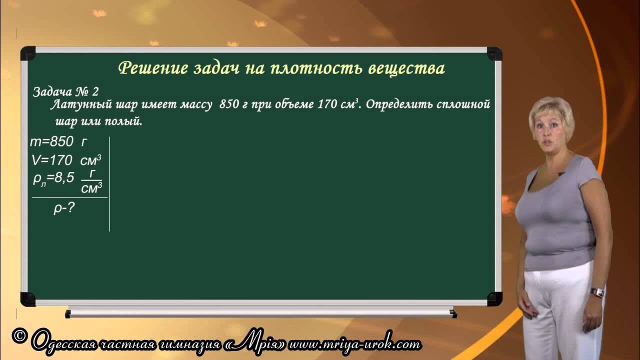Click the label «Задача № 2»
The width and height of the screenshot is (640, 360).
click(x=65, y=92)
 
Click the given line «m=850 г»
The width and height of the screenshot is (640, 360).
click(x=58, y=142)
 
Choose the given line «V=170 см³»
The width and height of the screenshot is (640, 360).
click(x=65, y=160)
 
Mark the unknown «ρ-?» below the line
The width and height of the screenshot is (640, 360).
click(x=64, y=208)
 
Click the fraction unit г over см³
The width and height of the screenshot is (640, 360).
click(x=91, y=181)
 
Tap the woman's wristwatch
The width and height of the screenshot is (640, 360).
click(x=597, y=292)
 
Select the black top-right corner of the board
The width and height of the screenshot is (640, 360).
click(x=494, y=53)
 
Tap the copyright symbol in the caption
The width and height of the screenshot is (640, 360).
click(x=18, y=336)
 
